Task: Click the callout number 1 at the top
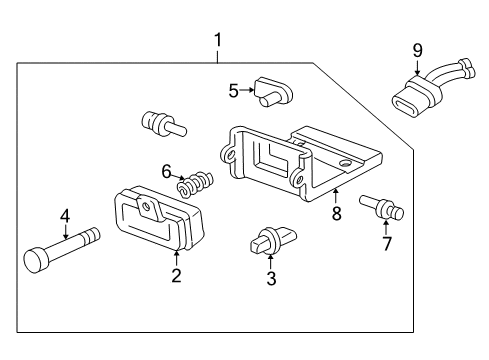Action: pos(217,41)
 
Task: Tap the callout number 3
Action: pos(269,279)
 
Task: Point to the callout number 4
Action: pos(65,215)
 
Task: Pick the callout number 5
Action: pos(234,90)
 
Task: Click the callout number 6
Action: pos(167,171)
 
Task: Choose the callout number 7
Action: pos(386,245)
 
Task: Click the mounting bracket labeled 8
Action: pos(300,160)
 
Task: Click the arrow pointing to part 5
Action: pos(246,90)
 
